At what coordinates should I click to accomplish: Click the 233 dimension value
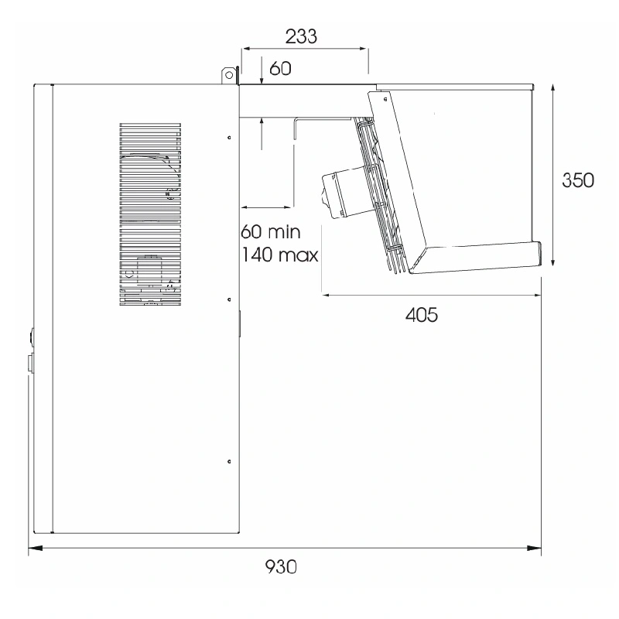[301, 36]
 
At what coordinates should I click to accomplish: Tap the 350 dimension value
[578, 180]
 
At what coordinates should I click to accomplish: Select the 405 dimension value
[422, 315]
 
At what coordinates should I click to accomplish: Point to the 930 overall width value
[281, 567]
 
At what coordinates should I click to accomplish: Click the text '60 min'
[271, 231]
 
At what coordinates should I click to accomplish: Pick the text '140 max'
[279, 255]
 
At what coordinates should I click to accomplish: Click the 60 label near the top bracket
[280, 69]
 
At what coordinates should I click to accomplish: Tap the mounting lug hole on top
[228, 75]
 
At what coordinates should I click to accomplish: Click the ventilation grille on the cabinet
[150, 214]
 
